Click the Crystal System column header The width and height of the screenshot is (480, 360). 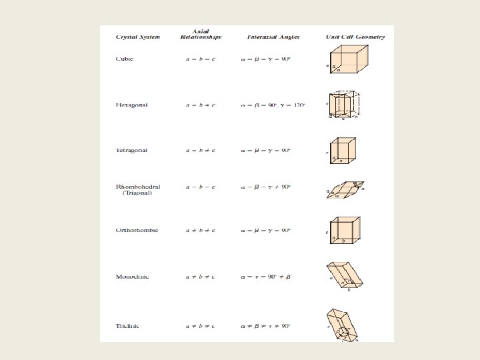pos(138,37)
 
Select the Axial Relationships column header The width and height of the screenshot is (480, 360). pos(199,35)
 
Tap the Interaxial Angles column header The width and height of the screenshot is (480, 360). pos(273,37)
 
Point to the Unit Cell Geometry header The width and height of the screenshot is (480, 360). pos(355,37)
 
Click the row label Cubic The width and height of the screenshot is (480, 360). pos(125,59)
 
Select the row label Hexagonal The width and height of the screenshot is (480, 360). pos(131,105)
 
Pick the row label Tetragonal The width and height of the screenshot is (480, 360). pos(131,150)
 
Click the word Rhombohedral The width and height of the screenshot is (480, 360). pos(138,187)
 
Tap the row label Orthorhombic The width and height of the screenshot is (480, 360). pos(136,231)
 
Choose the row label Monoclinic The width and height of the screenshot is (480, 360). pos(133,276)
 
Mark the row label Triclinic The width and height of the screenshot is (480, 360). pos(129,326)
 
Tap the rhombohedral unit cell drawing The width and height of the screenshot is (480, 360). pos(347,189)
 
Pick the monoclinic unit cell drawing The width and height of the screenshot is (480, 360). pos(346,277)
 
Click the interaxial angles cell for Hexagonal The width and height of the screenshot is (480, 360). pos(273,105)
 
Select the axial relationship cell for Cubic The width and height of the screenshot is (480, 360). pos(199,59)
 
